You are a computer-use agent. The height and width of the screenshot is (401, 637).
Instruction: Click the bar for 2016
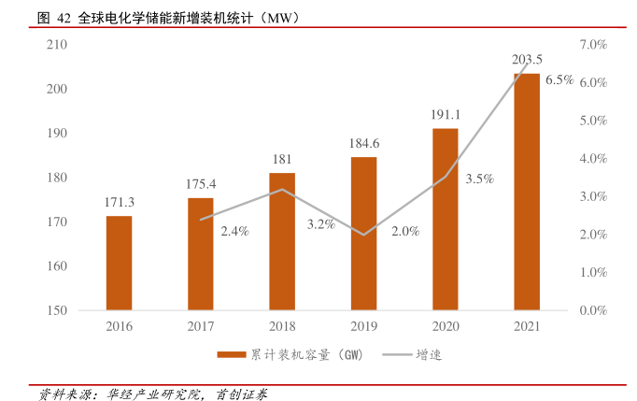click(119, 263)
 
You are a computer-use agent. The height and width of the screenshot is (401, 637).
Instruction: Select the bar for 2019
click(363, 233)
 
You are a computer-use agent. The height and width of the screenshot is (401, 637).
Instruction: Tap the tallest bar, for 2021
click(527, 192)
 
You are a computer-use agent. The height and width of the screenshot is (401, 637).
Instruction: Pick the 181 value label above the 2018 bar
click(282, 159)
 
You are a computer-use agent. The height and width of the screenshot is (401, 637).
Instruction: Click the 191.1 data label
click(446, 114)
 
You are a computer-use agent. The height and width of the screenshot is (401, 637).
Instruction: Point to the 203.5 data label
click(527, 60)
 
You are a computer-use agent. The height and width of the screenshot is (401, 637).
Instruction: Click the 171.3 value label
click(119, 202)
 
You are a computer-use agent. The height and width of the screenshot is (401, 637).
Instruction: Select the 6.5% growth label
click(559, 80)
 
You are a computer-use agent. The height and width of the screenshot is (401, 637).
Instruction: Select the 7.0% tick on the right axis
click(593, 45)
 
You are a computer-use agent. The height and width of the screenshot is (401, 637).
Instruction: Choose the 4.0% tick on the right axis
click(593, 159)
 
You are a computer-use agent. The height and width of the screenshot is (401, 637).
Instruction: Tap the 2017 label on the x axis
click(201, 326)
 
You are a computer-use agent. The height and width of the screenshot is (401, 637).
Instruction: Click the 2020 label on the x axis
click(446, 326)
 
